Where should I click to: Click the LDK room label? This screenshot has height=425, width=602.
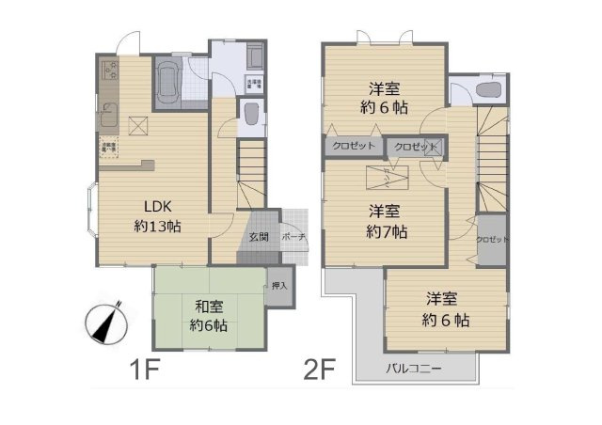[156, 207]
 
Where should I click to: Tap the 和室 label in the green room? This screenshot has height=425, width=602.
[209, 306]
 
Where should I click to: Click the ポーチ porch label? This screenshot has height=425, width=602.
[292, 237]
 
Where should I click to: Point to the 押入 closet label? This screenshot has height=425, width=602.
[279, 284]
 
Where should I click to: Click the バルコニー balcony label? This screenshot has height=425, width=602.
[412, 367]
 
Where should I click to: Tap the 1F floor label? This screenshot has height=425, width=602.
[143, 367]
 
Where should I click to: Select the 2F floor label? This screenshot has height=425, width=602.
[320, 367]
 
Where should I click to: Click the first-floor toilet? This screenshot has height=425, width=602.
[251, 116]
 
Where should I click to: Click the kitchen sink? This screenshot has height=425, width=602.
[105, 119]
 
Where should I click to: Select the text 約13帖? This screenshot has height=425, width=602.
[156, 227]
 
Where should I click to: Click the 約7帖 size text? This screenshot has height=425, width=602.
[387, 231]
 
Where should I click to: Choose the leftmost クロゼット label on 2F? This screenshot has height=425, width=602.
[354, 147]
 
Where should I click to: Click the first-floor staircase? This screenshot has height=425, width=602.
[251, 174]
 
